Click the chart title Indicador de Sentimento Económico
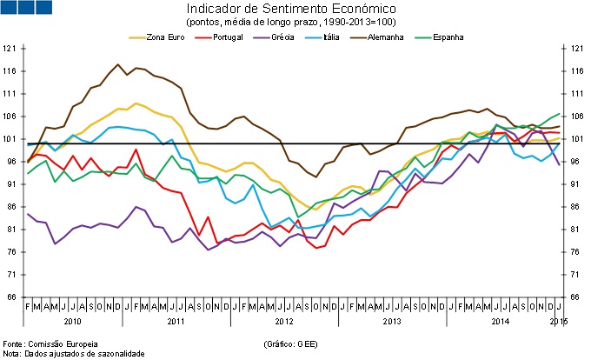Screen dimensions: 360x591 (x=295, y=8)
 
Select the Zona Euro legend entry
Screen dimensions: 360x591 (x=163, y=37)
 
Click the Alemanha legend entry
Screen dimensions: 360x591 (x=378, y=37)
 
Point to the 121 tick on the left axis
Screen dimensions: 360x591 (x=10, y=49)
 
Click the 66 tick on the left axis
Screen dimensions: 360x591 (x=10, y=297)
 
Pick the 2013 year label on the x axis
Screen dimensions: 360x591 (x=388, y=323)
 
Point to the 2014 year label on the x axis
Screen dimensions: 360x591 (x=497, y=323)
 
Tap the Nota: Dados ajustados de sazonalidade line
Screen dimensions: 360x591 (x=73, y=354)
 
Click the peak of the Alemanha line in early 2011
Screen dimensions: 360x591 (x=118, y=64)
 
